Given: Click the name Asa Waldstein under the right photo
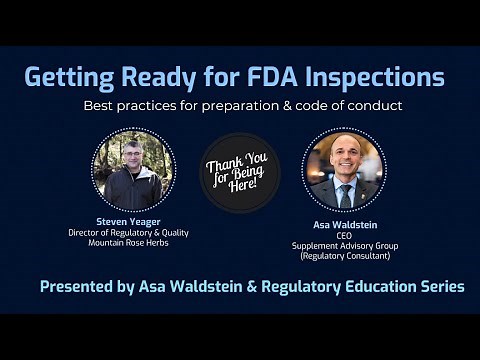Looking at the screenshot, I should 344,226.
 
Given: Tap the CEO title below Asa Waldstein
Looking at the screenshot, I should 344,236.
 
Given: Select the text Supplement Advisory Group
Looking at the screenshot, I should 344,246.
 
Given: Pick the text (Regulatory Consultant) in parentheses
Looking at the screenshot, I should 344,256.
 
